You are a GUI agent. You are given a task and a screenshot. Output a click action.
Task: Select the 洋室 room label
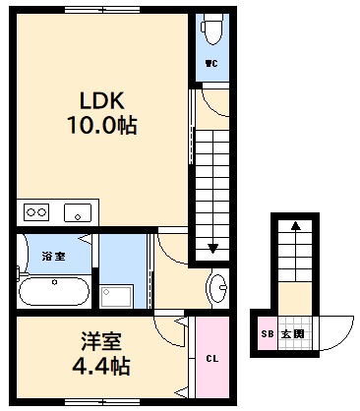(101, 344)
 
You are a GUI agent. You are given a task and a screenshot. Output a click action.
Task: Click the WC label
(210, 65)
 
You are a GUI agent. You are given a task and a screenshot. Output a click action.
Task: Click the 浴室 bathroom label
(53, 257)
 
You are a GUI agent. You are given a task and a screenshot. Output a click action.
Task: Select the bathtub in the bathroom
(55, 292)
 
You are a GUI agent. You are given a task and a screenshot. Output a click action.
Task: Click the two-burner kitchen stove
(36, 211)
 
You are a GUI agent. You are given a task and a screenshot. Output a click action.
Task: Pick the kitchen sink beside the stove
(76, 211)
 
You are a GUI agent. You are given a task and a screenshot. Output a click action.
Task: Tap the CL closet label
(211, 358)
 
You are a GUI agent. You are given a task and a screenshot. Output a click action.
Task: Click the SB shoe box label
(267, 334)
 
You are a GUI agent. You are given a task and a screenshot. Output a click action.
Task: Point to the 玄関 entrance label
(292, 334)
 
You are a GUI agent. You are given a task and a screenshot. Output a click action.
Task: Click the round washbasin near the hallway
(218, 287)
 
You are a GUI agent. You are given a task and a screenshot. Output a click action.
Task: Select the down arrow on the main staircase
(211, 247)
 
